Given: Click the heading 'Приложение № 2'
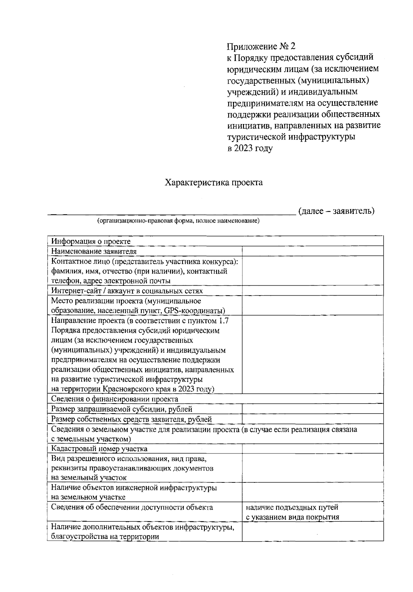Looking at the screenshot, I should pyautogui.click(x=261, y=46).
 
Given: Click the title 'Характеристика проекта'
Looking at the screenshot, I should pyautogui.click(x=214, y=182).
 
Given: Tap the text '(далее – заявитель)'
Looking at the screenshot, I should pyautogui.click(x=336, y=211).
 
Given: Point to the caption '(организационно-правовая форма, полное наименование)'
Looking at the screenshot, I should pyautogui.click(x=178, y=221).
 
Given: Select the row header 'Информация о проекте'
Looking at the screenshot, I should pyautogui.click(x=91, y=241).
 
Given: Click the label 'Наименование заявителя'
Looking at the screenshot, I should pyautogui.click(x=94, y=251).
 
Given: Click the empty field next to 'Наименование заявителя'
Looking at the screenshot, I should pyautogui.click(x=313, y=251).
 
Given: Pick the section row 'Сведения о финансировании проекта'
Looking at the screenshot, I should pyautogui.click(x=115, y=399).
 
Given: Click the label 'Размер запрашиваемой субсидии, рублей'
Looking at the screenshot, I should pyautogui.click(x=121, y=409).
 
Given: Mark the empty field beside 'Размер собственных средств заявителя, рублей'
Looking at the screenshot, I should pyautogui.click(x=313, y=419).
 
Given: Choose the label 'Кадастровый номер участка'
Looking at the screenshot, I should pyautogui.click(x=99, y=449).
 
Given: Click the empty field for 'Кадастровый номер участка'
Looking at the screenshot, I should pyautogui.click(x=313, y=449).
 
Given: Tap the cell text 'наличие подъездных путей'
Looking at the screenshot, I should pyautogui.click(x=292, y=507).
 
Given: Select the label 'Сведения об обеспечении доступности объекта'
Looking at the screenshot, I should pyautogui.click(x=132, y=507).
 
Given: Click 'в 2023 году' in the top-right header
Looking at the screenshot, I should pyautogui.click(x=250, y=149).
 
